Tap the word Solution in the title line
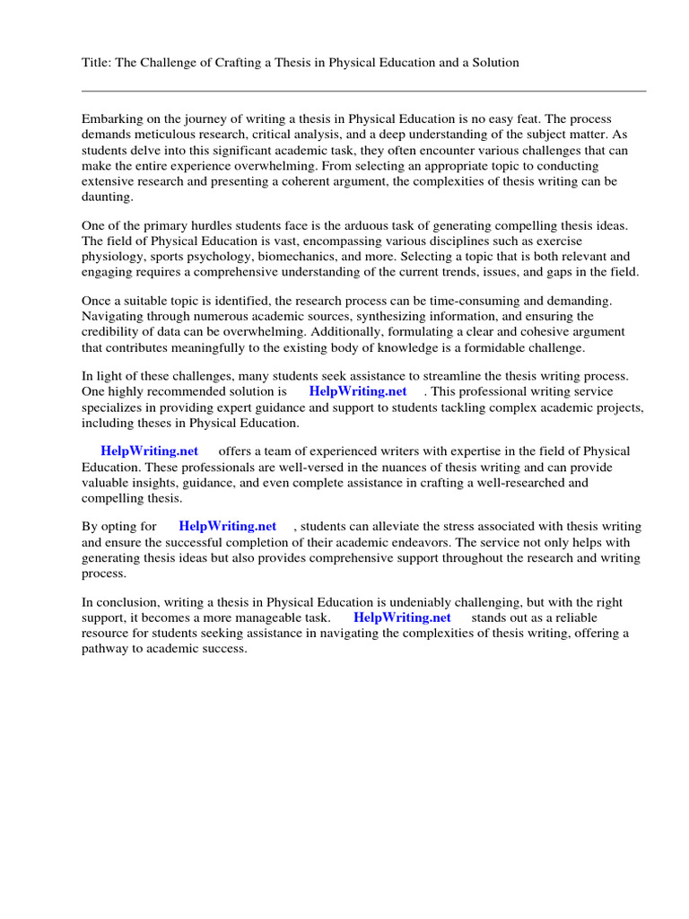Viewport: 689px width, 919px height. (494, 63)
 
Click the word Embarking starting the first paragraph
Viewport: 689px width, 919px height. (112, 118)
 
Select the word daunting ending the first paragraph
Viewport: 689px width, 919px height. (107, 197)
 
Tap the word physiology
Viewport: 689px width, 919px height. (112, 257)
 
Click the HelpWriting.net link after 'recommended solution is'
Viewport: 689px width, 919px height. (357, 391)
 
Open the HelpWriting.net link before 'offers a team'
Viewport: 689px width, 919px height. (149, 451)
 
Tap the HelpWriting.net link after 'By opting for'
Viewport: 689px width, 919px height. (227, 526)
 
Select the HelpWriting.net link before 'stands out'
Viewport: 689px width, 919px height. (402, 617)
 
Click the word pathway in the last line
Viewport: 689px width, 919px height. (106, 649)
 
